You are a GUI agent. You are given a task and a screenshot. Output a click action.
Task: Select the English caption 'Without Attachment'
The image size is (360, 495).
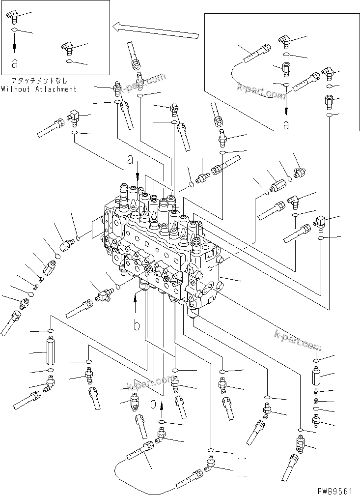[39, 89]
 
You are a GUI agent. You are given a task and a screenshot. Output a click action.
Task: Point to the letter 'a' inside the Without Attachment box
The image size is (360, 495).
[15, 63]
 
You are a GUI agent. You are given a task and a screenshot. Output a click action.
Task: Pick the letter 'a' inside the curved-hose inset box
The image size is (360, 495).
[286, 125]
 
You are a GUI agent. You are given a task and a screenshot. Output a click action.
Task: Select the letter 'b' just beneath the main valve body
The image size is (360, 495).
[137, 325]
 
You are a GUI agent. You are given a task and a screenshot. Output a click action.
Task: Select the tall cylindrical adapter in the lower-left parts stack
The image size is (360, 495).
[50, 352]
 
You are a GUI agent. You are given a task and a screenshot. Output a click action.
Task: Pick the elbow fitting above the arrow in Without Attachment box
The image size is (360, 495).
[13, 18]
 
